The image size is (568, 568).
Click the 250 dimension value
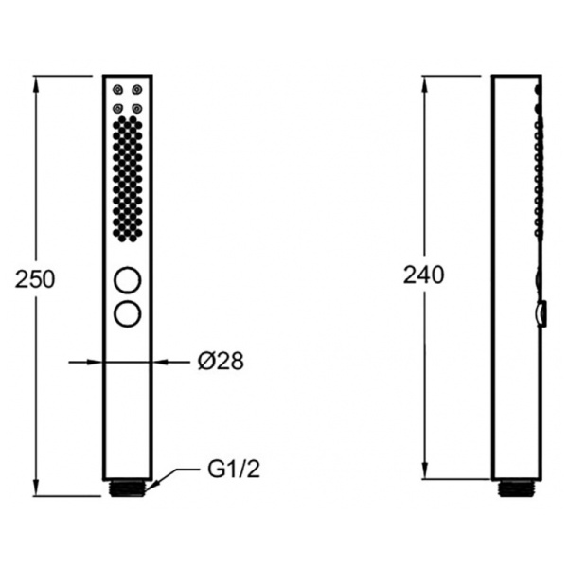pyautogui.click(x=35, y=279)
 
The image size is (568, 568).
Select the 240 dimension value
pyautogui.click(x=423, y=275)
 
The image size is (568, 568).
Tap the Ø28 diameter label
pyautogui.click(x=221, y=361)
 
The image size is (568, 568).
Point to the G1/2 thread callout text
pyautogui.click(x=234, y=470)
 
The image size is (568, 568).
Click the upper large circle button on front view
pyautogui.click(x=127, y=280)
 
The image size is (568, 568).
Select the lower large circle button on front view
pyautogui.click(x=127, y=313)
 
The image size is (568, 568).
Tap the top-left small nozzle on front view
pyautogui.click(x=117, y=90)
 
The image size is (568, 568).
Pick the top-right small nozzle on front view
pyautogui.click(x=137, y=90)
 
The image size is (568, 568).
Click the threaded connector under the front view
pyautogui.click(x=128, y=488)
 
